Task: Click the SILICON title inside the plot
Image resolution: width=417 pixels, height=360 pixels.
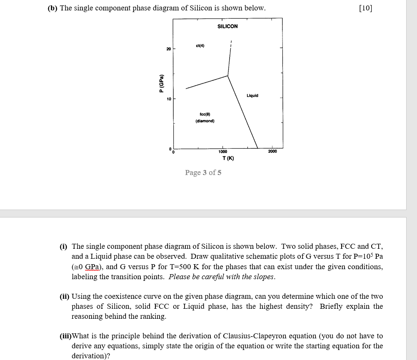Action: [227, 26]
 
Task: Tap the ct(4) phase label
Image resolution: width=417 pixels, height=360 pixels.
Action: [200, 45]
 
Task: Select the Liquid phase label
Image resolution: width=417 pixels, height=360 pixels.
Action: [252, 95]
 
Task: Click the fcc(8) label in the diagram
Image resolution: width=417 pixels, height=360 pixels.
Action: [205, 114]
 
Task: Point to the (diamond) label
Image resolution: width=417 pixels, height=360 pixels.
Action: [205, 121]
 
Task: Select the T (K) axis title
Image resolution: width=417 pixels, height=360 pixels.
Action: [228, 158]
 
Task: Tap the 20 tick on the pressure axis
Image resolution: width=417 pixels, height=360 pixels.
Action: [168, 49]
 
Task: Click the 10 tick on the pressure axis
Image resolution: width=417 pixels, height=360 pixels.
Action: [168, 99]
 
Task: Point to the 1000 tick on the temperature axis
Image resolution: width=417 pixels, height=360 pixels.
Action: [223, 152]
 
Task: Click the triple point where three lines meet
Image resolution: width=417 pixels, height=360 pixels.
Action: [228, 76]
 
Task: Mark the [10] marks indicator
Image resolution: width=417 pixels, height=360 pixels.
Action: [365, 8]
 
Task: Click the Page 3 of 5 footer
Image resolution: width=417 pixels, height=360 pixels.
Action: [203, 172]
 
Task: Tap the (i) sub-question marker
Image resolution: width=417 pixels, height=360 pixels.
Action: [64, 247]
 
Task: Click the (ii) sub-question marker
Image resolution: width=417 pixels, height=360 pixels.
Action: [65, 297]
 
